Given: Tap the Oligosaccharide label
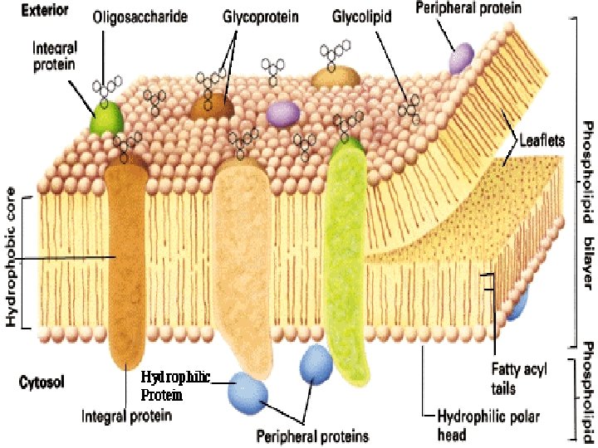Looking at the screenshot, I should coord(140,17).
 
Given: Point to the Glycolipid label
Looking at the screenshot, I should coord(362,17).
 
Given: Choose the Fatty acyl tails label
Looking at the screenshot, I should coord(521,380).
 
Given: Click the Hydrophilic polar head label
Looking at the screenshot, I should coord(473,426).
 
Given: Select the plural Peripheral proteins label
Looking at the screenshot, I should coord(313,435).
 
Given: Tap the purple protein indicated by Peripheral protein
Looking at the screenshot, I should coord(461,57).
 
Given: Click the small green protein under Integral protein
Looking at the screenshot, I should coord(108,119).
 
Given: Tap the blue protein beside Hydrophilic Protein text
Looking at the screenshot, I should coord(248,390).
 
